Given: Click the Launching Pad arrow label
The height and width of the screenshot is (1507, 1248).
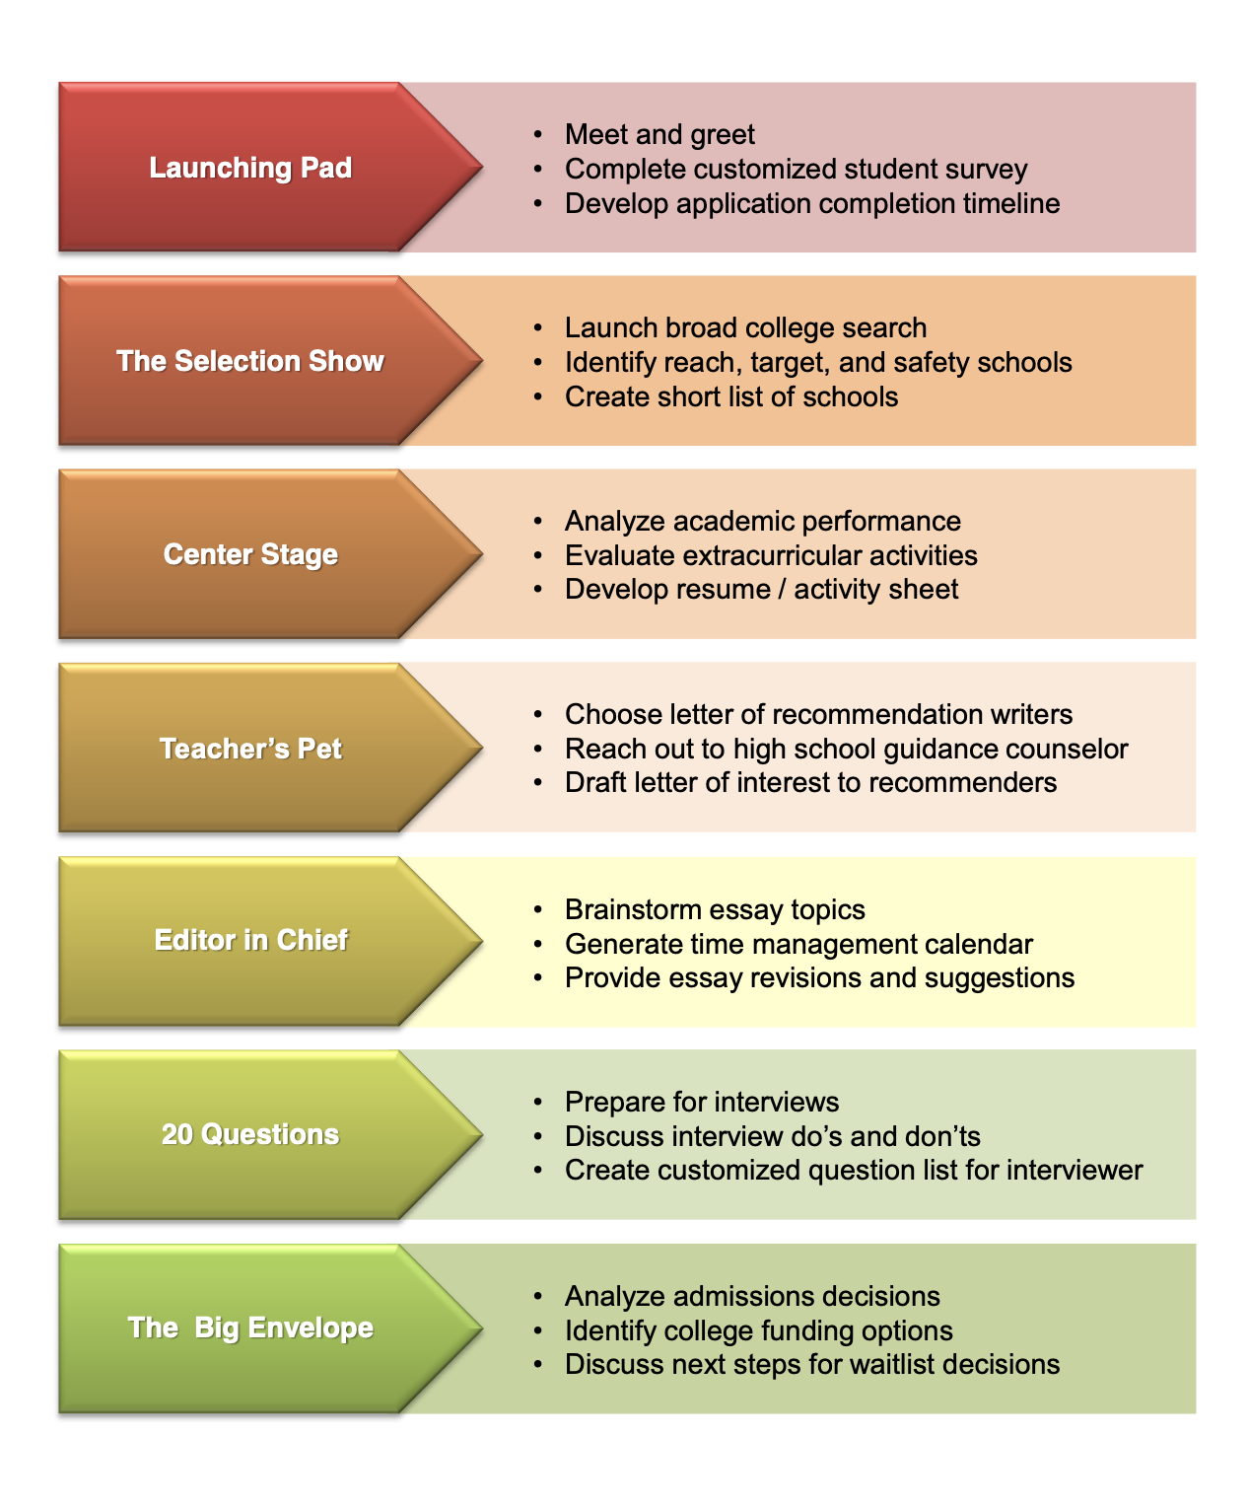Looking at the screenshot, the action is pyautogui.click(x=250, y=168).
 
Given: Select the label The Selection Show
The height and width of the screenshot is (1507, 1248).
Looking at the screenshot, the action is pyautogui.click(x=250, y=361).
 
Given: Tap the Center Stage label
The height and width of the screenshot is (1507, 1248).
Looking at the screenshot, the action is pyautogui.click(x=250, y=554).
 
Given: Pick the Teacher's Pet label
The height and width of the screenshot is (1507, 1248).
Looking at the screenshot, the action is pyautogui.click(x=250, y=749).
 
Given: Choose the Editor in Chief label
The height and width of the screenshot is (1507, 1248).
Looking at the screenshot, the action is pyautogui.click(x=250, y=940).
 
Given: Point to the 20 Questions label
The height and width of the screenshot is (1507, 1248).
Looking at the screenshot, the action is pyautogui.click(x=250, y=1134).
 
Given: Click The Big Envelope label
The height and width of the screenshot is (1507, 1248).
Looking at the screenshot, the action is pyautogui.click(x=250, y=1328).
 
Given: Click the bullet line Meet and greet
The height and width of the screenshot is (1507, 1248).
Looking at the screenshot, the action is pyautogui.click(x=659, y=134).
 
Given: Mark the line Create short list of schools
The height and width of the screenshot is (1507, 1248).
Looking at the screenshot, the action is pyautogui.click(x=731, y=396).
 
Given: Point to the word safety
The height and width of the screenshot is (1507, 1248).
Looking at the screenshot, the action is pyautogui.click(x=931, y=362).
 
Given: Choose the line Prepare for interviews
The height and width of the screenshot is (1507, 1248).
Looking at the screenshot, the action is pyautogui.click(x=702, y=1102).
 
